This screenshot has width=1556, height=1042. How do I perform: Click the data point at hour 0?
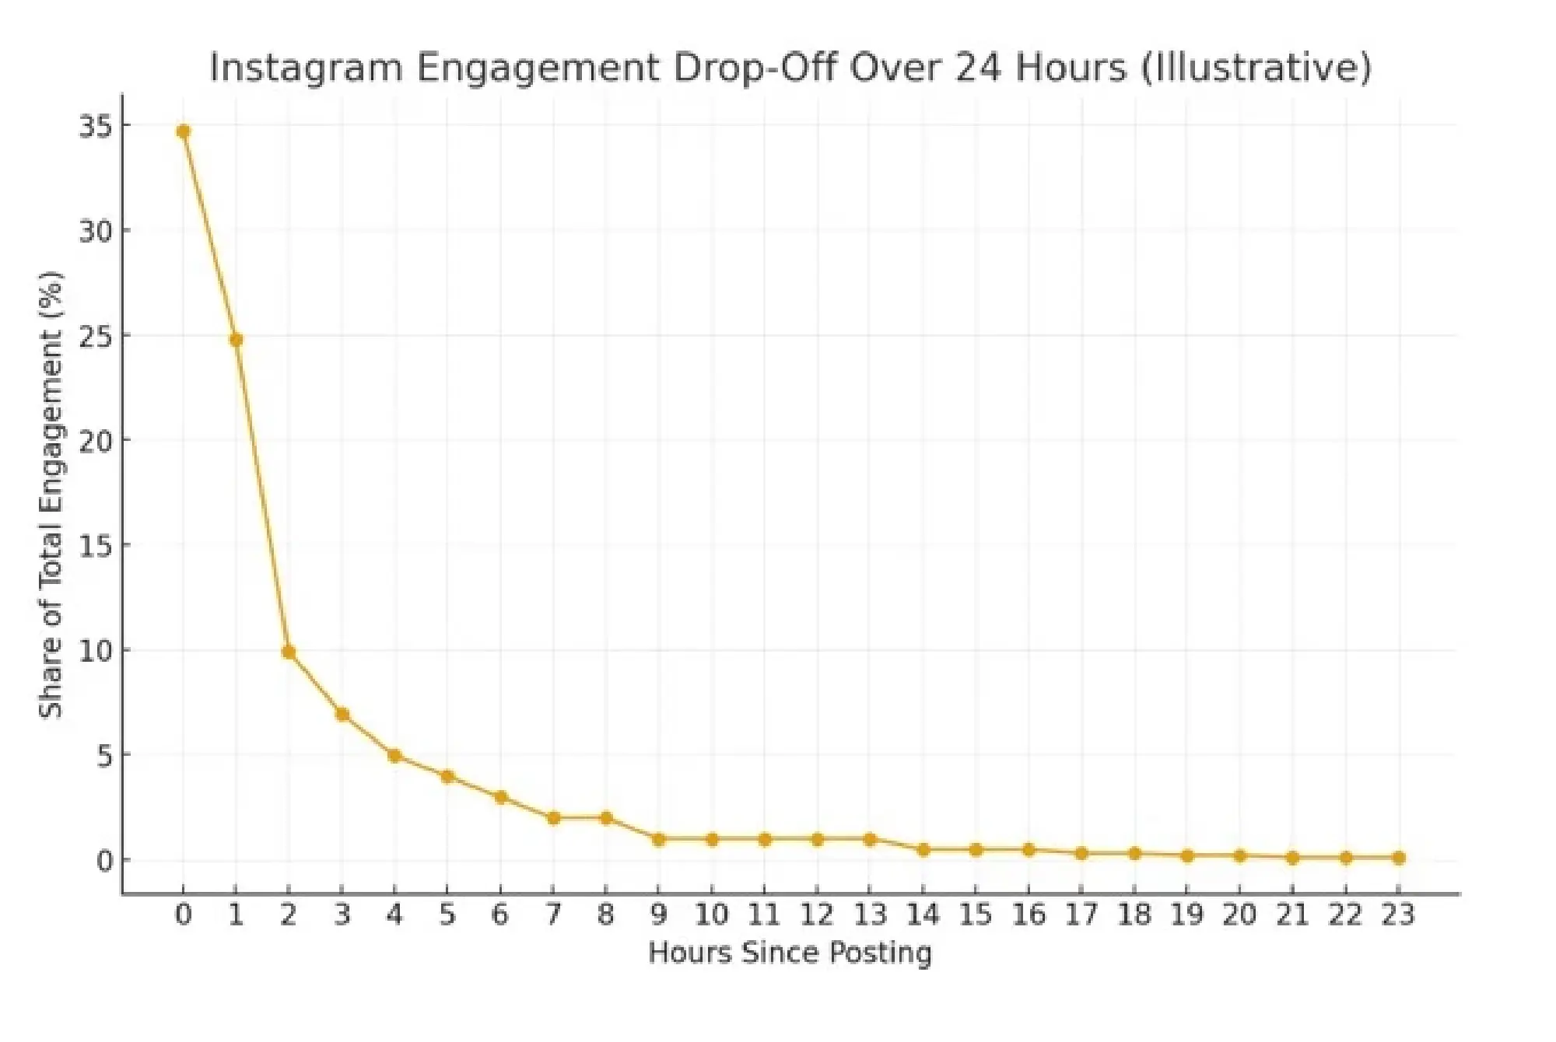(184, 131)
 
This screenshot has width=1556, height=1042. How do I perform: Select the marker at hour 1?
(237, 340)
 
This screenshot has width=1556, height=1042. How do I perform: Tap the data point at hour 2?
(289, 652)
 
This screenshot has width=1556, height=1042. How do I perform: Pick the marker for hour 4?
(394, 756)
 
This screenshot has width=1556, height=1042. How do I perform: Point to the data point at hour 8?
(606, 818)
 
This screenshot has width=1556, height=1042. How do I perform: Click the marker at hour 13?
(870, 839)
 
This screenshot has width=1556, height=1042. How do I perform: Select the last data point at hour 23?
(1398, 858)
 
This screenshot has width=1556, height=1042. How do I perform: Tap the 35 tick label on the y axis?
(95, 126)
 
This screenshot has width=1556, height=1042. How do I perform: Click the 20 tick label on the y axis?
(95, 441)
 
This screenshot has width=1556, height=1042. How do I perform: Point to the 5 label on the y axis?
(104, 756)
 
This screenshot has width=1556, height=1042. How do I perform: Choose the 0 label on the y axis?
(104, 861)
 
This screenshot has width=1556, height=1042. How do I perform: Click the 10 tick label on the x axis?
(711, 914)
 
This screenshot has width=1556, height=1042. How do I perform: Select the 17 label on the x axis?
(1081, 914)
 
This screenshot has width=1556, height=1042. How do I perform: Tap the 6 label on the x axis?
(500, 914)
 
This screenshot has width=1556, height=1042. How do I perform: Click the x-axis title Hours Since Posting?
(790, 953)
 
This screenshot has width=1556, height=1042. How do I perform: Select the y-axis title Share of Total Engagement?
(51, 494)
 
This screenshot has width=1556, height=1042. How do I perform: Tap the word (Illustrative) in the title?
(1256, 68)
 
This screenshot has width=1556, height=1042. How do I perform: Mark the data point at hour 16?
(1029, 850)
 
